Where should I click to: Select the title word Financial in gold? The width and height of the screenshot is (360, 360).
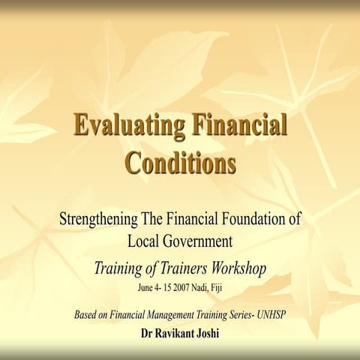coord(239,125)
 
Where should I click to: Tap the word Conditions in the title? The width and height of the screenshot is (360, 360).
coord(180,160)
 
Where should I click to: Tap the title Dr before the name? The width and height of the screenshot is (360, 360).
coord(148,329)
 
